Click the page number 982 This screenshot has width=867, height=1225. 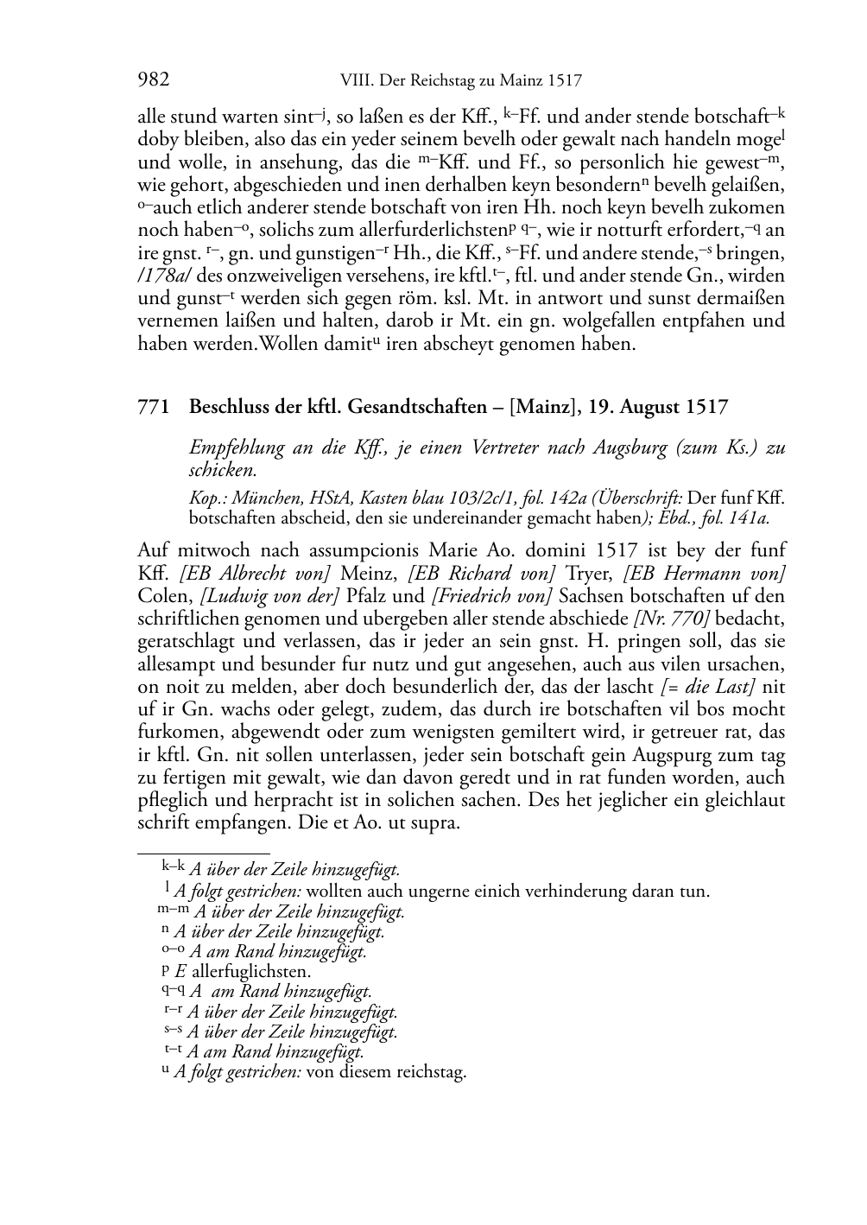(x=153, y=80)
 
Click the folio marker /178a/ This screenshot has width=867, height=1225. (x=161, y=276)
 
